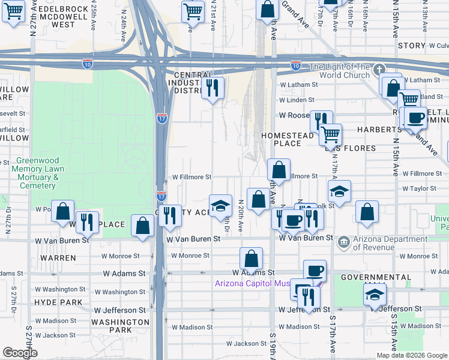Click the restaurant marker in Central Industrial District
click(212, 88)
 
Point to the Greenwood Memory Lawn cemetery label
click(37, 173)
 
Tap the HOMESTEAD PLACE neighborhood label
click(287, 139)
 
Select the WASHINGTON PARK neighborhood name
click(120, 326)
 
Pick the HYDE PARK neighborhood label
click(58, 302)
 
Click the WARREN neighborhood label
click(58, 258)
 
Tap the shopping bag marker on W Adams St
click(252, 259)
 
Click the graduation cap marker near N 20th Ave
click(220, 206)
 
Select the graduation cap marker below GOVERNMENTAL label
click(375, 295)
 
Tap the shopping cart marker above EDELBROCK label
click(13, 10)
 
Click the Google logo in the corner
click(20, 353)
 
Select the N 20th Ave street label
click(241, 217)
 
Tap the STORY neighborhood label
click(411, 46)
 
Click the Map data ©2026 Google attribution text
click(412, 355)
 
